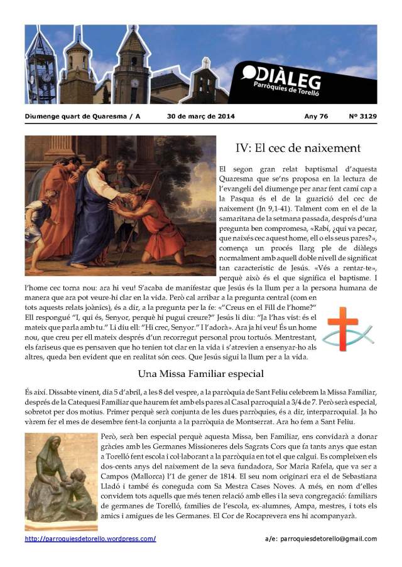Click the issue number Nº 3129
coord(362,116)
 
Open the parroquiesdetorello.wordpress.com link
coord(90,539)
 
